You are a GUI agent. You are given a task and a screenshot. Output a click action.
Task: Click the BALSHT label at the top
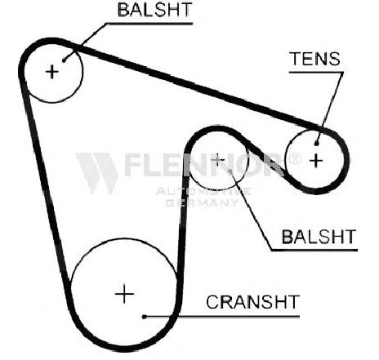(154, 10)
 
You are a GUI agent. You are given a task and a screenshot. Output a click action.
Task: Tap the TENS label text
(315, 59)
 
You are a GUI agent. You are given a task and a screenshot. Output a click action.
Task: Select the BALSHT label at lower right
(319, 237)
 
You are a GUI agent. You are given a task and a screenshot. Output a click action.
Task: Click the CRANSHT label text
(252, 302)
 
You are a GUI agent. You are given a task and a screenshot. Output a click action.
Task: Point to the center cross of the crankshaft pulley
(124, 294)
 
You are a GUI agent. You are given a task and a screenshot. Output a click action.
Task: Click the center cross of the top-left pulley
(51, 72)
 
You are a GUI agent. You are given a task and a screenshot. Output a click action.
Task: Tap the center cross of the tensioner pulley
(316, 161)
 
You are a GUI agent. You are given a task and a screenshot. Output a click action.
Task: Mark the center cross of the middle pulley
(218, 160)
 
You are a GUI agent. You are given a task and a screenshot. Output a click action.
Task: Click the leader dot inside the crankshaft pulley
(145, 317)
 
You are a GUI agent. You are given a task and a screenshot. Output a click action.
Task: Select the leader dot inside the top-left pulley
(64, 60)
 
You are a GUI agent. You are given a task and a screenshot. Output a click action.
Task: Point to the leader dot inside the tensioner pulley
(316, 143)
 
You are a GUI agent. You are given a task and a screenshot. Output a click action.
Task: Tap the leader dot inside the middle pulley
(230, 171)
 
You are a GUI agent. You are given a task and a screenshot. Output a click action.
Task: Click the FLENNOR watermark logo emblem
(97, 173)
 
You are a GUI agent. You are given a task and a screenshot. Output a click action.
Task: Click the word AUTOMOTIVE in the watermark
(203, 192)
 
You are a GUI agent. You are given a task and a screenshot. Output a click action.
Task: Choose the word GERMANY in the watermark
(202, 202)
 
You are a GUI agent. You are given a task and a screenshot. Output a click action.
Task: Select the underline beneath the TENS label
(316, 73)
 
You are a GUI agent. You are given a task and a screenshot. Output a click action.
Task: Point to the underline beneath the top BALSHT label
(149, 24)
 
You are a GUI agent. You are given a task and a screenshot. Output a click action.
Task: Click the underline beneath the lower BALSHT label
(314, 250)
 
